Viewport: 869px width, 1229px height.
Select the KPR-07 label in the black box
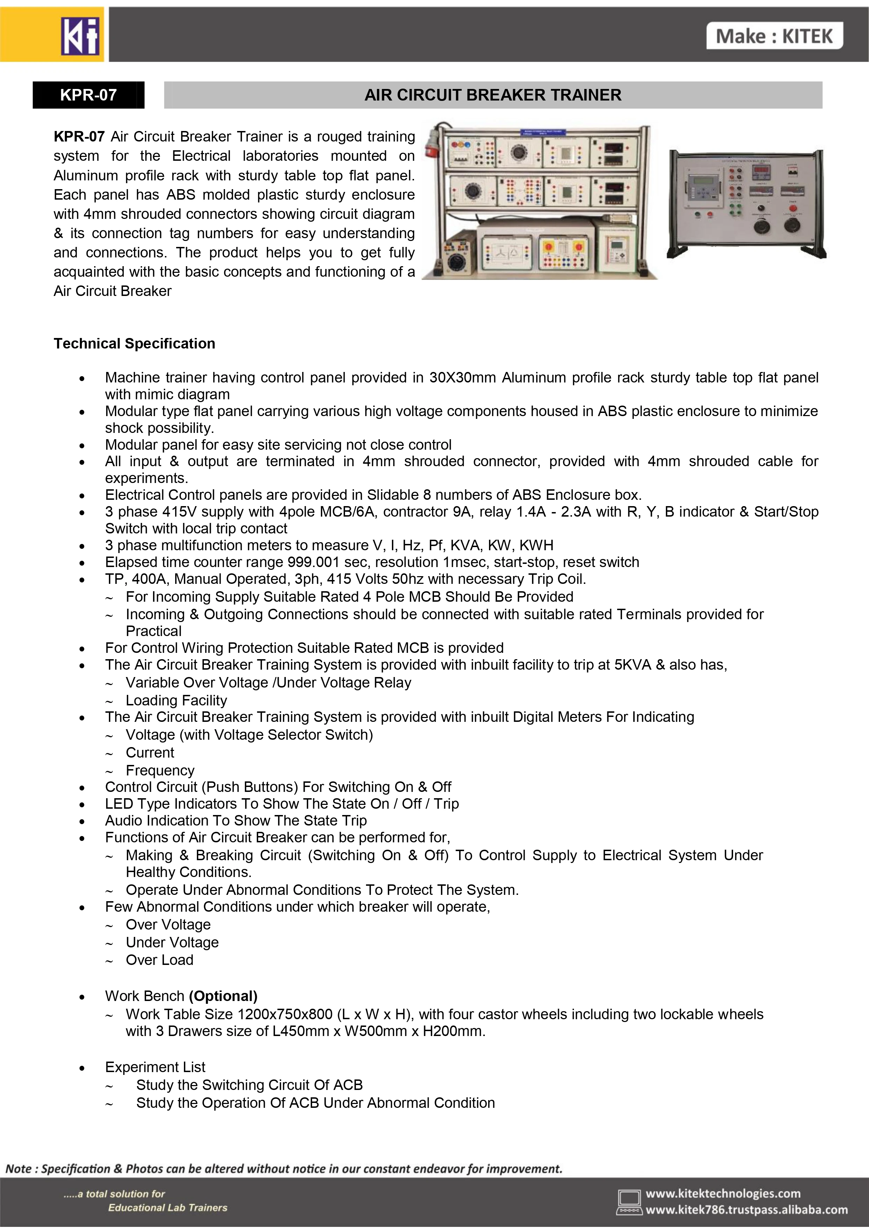click(x=88, y=95)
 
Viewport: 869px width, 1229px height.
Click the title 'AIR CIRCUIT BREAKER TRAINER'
click(x=492, y=95)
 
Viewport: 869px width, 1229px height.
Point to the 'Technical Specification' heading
click(x=135, y=343)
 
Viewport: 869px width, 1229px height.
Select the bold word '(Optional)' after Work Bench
click(x=223, y=996)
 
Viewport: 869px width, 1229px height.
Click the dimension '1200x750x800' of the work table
click(x=285, y=1014)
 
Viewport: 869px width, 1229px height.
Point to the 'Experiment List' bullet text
click(x=155, y=1067)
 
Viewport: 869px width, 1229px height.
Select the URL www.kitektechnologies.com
click(x=723, y=1193)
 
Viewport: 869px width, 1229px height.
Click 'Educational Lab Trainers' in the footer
click(x=167, y=1208)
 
